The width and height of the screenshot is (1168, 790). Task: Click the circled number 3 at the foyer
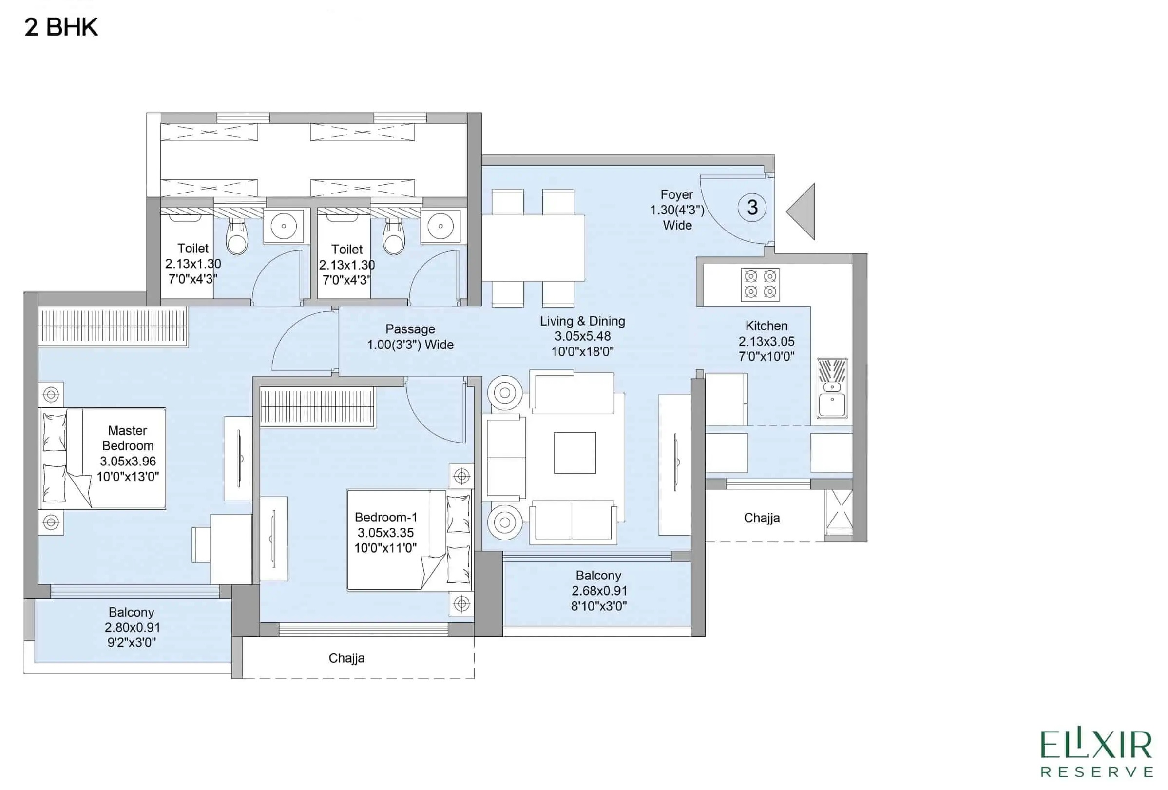coord(751,208)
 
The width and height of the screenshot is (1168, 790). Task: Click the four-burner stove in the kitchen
coord(760,284)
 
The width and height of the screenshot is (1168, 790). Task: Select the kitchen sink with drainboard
coord(832,388)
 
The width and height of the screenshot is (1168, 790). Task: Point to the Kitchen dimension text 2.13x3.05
coord(766,341)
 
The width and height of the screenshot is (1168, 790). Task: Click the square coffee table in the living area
coord(574,453)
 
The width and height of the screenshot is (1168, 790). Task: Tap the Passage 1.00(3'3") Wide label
coord(410,337)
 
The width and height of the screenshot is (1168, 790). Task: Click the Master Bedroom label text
coord(128,438)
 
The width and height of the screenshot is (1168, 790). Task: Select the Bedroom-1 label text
coord(385,517)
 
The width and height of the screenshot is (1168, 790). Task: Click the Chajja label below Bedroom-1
coord(346,658)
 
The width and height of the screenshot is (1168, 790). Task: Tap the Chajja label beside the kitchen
coord(762,518)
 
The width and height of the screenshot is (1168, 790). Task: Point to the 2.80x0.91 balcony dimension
coord(132,627)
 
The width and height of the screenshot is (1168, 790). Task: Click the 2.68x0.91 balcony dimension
coord(598,591)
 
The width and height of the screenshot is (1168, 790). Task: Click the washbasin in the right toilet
coord(440,226)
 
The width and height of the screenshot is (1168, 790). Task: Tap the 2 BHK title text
coord(61,27)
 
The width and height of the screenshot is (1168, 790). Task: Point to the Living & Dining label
coord(582,321)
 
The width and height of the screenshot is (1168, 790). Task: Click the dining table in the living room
coord(533,248)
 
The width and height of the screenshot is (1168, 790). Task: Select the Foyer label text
coord(676,194)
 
